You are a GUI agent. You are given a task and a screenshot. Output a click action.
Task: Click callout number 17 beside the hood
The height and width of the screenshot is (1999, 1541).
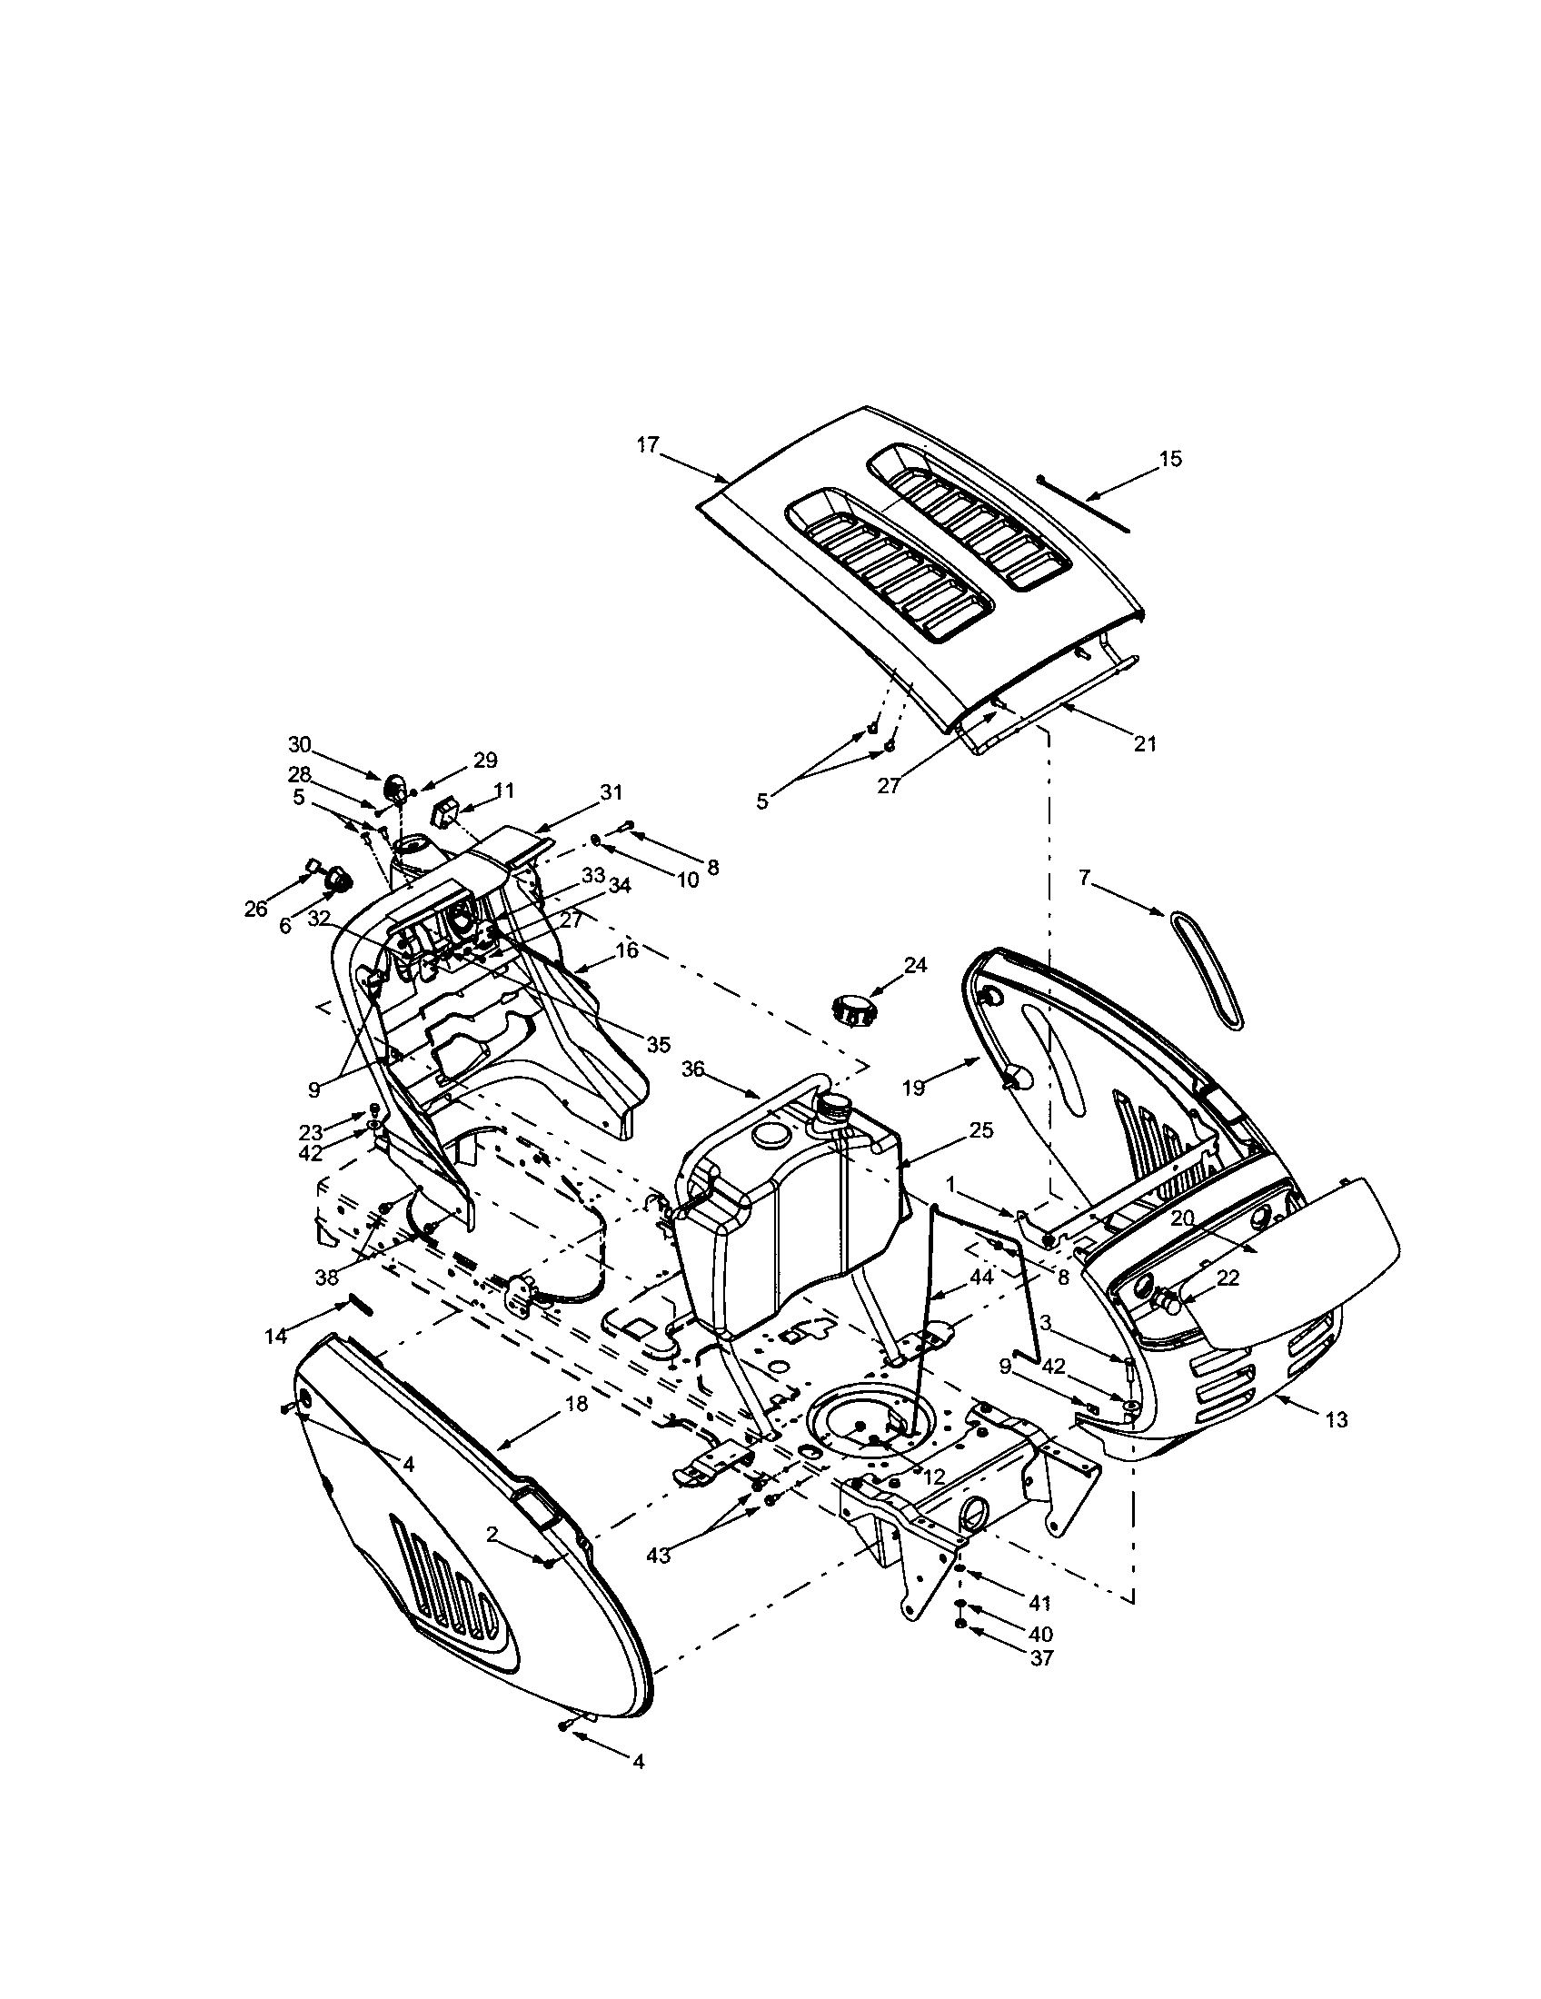[x=648, y=445]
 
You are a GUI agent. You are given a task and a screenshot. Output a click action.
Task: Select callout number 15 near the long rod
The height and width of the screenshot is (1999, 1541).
[x=1170, y=459]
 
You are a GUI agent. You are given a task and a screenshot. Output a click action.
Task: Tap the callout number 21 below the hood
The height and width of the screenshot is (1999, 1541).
[x=1145, y=744]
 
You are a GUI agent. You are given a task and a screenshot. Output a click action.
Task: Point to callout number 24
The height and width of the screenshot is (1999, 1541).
[x=916, y=964]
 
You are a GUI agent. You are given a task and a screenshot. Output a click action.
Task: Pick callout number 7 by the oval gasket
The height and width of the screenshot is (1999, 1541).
[x=1084, y=878]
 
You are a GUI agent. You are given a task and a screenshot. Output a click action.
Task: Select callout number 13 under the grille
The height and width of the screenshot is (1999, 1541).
[x=1336, y=1418]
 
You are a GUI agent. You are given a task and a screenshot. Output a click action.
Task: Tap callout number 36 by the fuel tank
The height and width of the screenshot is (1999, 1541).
[x=693, y=1069]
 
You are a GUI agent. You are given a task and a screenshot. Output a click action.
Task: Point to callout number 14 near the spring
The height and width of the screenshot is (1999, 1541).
[x=276, y=1337]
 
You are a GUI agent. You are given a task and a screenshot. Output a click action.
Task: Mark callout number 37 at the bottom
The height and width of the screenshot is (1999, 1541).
[x=1040, y=1657]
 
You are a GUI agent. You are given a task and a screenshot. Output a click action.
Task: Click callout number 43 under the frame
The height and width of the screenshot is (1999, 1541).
[x=658, y=1555]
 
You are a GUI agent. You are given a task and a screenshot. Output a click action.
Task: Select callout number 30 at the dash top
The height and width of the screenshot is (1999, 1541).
[x=299, y=743]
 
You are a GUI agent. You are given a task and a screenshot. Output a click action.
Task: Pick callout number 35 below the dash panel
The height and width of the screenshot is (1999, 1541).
[x=659, y=1043]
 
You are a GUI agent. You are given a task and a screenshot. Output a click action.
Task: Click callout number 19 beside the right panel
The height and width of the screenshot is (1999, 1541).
[x=913, y=1088]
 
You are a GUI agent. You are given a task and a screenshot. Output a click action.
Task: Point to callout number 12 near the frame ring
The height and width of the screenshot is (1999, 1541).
[x=933, y=1477]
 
